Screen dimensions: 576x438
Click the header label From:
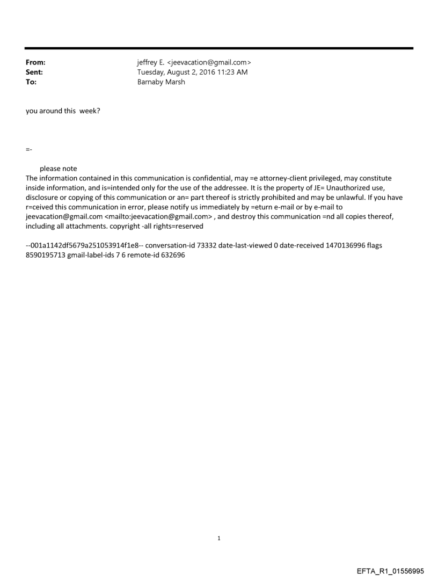35,63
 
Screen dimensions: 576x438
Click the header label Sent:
34,72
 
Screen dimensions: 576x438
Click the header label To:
31,82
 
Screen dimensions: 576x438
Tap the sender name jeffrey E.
152,63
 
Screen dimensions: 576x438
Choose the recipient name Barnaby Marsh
161,82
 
